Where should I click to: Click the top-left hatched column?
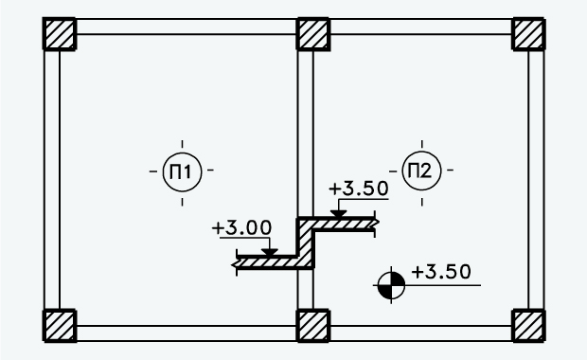[60, 35]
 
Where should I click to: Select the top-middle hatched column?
[313, 35]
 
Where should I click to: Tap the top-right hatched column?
[528, 35]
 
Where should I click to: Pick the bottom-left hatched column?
[60, 325]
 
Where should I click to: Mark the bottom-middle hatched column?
[313, 325]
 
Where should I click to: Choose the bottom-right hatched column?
[528, 325]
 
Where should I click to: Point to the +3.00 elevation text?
[242, 228]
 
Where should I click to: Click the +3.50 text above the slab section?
[359, 189]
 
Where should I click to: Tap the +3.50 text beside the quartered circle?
[441, 272]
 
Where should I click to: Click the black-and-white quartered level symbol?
[391, 282]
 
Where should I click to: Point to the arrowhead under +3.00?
[269, 252]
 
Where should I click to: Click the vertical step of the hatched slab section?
[306, 243]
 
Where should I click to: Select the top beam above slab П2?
[420, 27]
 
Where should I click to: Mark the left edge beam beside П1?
[52, 180]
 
